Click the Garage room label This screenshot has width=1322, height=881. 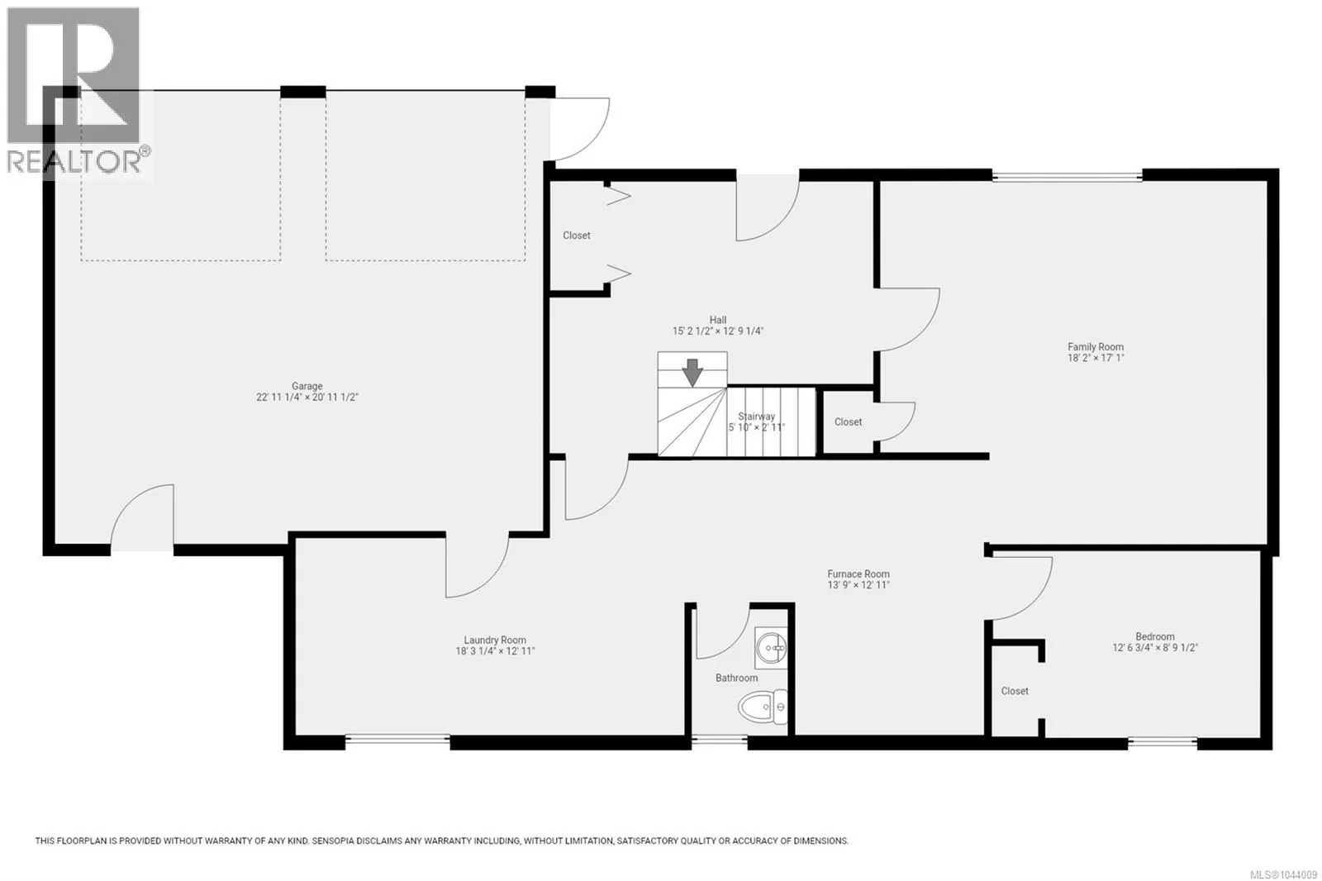coord(307,386)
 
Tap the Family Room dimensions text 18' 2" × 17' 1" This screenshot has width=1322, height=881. coord(1096,358)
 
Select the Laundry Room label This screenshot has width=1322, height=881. coord(495,640)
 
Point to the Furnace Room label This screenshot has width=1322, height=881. coord(858,574)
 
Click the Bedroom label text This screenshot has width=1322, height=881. coord(1155,636)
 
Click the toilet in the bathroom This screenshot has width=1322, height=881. coord(762,707)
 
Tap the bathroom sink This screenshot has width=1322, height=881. coord(771,648)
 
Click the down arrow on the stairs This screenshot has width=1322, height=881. coord(692,373)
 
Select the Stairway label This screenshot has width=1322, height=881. coord(756,417)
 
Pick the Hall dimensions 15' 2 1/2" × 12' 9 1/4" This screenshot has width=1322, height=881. coord(718,331)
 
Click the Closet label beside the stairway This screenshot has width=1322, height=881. coord(848,422)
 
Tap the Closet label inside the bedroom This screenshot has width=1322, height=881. coord(1015,691)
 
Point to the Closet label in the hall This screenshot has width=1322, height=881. coord(577,236)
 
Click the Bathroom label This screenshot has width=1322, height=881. coord(736,678)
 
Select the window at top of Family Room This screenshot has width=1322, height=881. coord(1067,176)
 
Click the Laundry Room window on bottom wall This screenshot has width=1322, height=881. coord(397,738)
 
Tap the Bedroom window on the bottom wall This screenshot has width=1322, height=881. coord(1163,741)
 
